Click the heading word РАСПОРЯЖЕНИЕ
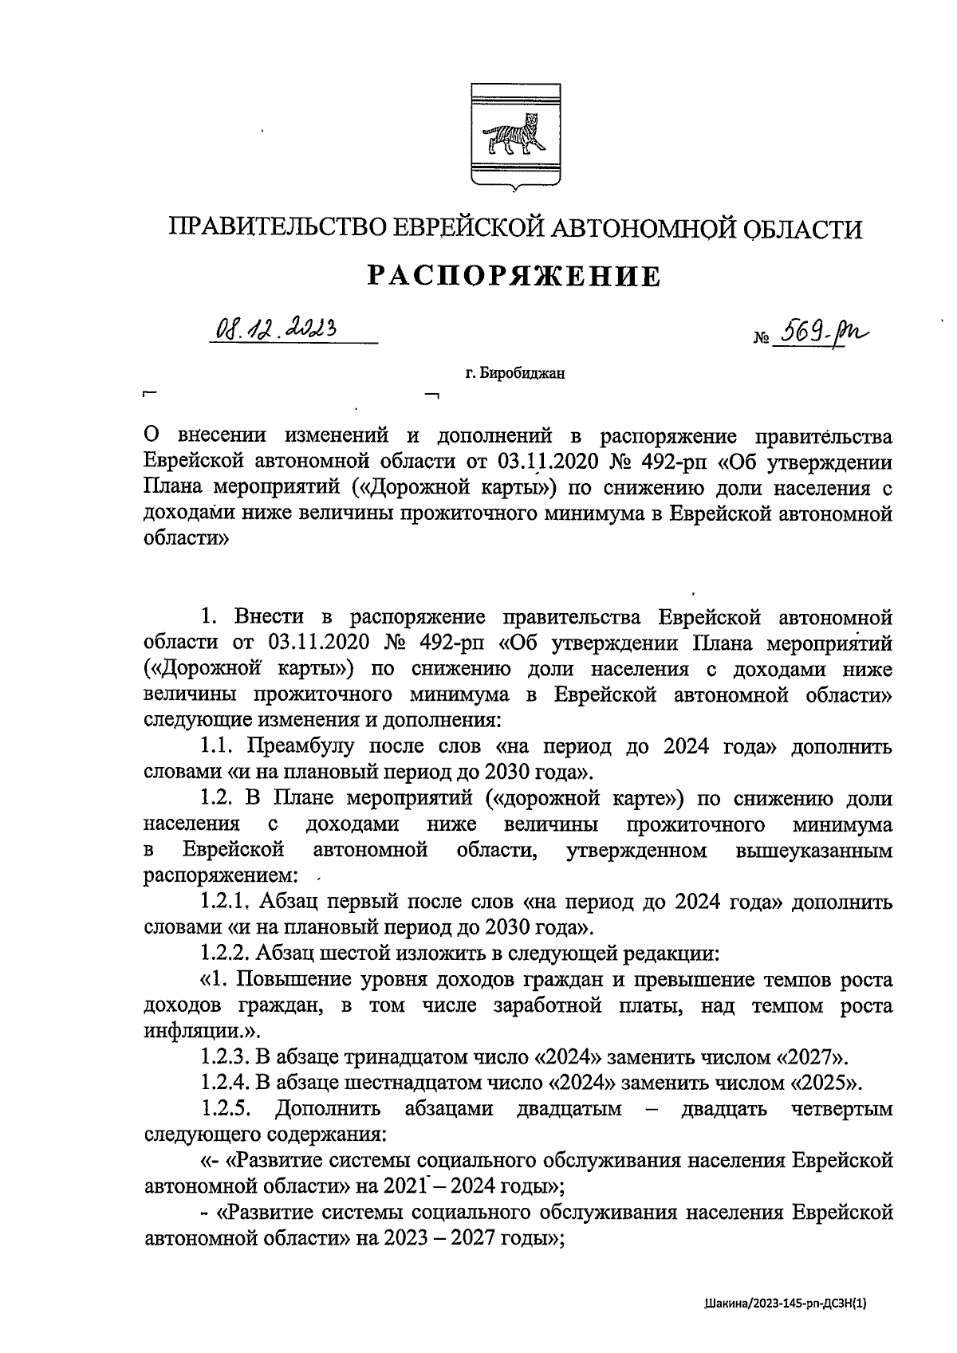tap(514, 277)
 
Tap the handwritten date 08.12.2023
tap(275, 328)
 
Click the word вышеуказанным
tap(814, 851)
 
